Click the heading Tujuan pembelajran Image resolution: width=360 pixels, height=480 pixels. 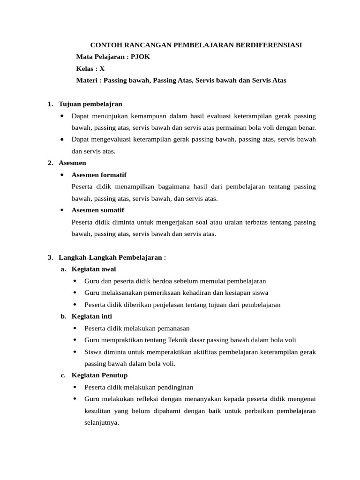pyautogui.click(x=90, y=104)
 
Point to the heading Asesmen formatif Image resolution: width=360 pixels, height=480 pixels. pyautogui.click(x=99, y=175)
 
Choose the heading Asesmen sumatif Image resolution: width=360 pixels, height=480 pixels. pyautogui.click(x=97, y=210)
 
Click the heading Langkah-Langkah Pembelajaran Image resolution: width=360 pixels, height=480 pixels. pyautogui.click(x=112, y=257)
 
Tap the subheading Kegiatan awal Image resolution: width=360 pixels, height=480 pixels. pyautogui.click(x=93, y=269)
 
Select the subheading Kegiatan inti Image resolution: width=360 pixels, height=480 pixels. pyautogui.click(x=91, y=316)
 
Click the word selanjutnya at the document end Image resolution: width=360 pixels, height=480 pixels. pyautogui.click(x=102, y=422)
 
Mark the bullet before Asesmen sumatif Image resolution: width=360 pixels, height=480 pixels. pyautogui.click(x=62, y=210)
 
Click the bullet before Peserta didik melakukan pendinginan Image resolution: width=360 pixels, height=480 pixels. pyautogui.click(x=75, y=387)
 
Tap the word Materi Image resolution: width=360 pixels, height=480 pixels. pyautogui.click(x=87, y=80)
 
